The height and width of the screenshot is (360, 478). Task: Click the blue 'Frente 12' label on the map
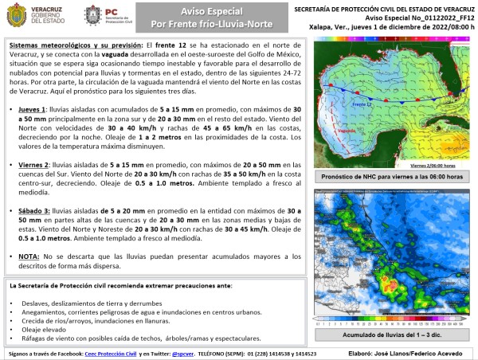363,104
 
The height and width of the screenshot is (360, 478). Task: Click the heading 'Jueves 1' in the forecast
30,107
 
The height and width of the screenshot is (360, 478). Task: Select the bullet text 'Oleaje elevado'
50,327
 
